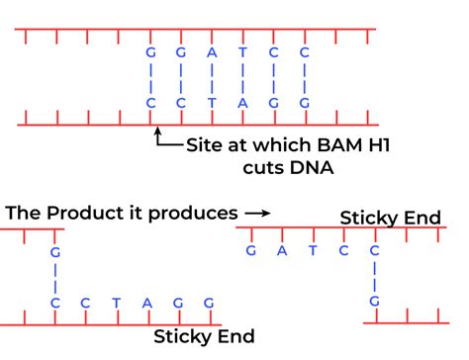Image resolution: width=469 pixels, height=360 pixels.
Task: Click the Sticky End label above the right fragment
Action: [390, 218]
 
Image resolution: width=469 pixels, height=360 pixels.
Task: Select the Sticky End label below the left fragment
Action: [204, 336]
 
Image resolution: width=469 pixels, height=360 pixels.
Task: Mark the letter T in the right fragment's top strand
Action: [313, 251]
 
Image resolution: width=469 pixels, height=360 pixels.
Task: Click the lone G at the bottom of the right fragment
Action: [375, 302]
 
